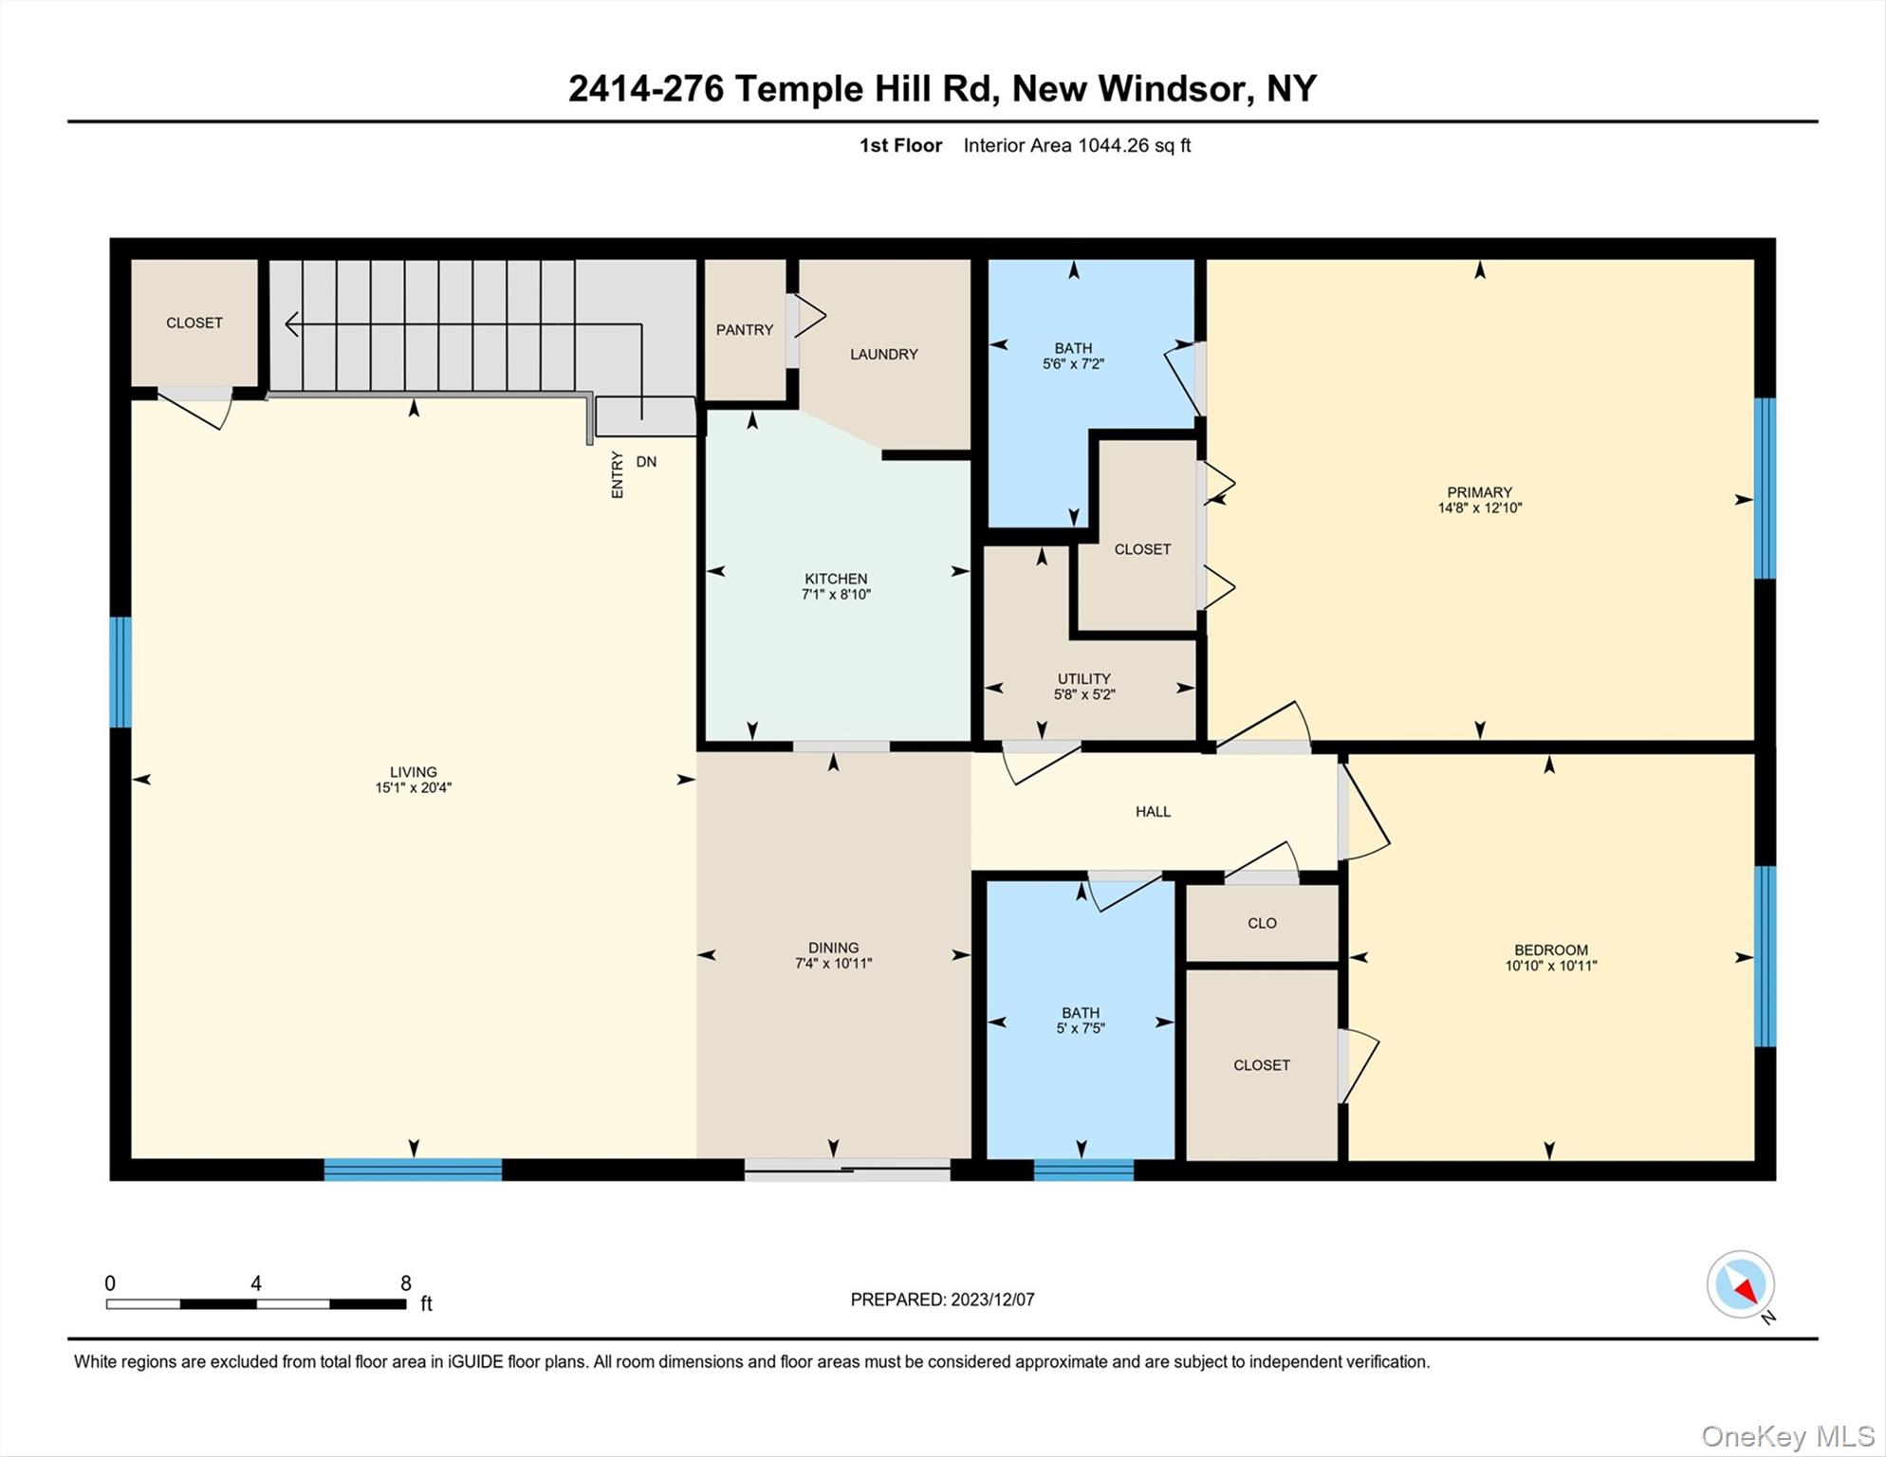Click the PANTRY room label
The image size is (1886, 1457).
(x=744, y=330)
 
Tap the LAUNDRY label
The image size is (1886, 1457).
(x=883, y=354)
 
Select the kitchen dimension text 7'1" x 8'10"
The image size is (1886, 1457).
(x=836, y=595)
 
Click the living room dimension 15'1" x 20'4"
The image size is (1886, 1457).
(x=413, y=787)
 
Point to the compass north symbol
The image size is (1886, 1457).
(x=1740, y=1284)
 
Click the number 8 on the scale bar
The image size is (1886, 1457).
(x=406, y=1283)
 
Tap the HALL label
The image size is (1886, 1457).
(x=1153, y=811)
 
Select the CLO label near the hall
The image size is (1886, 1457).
(x=1262, y=923)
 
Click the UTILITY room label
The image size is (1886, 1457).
(x=1083, y=678)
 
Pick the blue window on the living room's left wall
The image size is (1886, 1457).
(x=120, y=672)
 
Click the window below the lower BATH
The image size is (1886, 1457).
(x=1082, y=1170)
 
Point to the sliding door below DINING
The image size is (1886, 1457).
(x=846, y=1170)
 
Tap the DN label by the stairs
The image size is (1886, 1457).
(x=646, y=462)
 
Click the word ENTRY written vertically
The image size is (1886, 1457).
(x=618, y=474)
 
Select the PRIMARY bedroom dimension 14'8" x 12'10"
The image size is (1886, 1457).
(x=1479, y=507)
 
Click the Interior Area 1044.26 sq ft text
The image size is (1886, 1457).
(x=1076, y=145)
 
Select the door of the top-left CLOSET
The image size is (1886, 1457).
(x=195, y=408)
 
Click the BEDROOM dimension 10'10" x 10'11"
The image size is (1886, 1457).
(x=1550, y=966)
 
